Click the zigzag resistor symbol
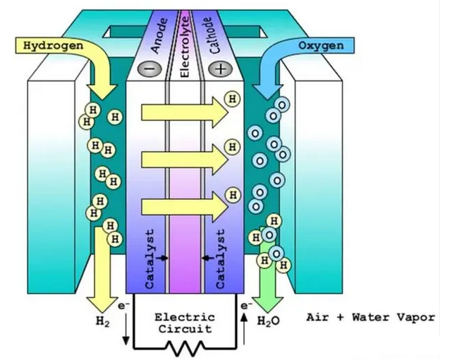[185, 347]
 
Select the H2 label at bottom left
[103, 320]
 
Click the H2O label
[269, 321]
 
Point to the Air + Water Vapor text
[370, 317]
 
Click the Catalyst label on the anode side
[149, 258]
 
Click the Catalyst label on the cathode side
[221, 258]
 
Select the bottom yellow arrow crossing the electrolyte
[181, 208]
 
